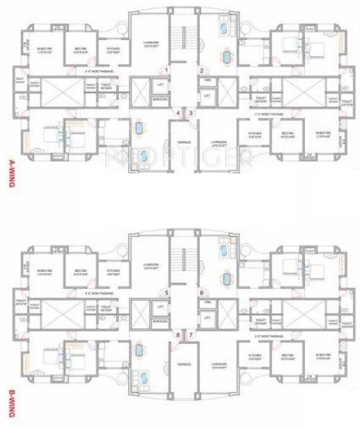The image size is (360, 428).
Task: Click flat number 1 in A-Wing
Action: [166, 70]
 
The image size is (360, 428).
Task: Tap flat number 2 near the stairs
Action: [202, 70]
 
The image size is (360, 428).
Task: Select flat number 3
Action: [191, 113]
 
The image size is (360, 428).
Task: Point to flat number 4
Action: [178, 113]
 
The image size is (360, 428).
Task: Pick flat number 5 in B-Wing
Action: [166, 292]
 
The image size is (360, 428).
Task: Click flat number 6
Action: [202, 292]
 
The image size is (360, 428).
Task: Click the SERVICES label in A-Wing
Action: [160, 100]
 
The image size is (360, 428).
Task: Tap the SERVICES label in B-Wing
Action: [160, 322]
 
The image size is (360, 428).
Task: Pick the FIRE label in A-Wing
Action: [207, 81]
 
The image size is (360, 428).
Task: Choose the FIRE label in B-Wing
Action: [207, 303]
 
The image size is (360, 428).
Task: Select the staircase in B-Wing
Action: [184, 259]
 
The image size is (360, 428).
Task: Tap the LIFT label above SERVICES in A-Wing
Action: [160, 84]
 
